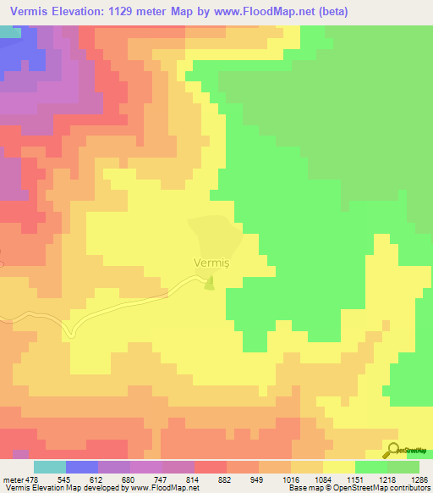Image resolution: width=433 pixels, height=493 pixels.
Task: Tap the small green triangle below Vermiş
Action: (210, 284)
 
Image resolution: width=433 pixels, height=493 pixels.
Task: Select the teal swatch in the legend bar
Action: (50, 468)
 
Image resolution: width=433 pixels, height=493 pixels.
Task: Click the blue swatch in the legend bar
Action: (82, 468)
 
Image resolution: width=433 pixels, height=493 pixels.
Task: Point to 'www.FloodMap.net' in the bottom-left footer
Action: (168, 487)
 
